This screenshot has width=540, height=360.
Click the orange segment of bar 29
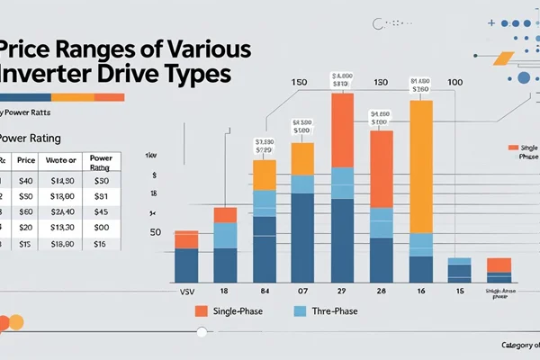343,130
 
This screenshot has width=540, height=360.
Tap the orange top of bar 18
225,215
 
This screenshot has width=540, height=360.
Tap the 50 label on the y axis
155,232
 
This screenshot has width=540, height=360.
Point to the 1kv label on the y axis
151,156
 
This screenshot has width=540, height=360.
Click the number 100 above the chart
455,83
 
